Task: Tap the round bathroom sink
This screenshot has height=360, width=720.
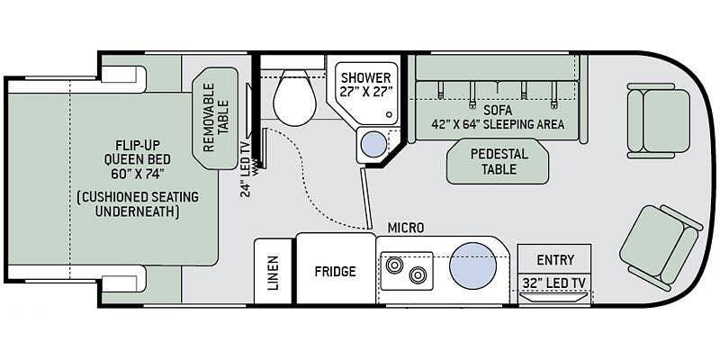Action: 373,144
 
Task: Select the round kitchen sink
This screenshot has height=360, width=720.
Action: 472,265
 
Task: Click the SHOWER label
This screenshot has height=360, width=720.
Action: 365,77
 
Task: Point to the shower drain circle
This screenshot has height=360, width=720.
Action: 390,114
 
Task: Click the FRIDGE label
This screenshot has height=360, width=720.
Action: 335,272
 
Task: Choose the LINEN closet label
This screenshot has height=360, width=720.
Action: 274,273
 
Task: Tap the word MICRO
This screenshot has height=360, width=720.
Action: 406,228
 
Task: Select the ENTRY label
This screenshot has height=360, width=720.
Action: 555,260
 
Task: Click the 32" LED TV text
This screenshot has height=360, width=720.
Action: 554,283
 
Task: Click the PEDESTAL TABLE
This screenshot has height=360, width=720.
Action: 499,161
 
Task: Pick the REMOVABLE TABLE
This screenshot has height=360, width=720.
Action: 215,118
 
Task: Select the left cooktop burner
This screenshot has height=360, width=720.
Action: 394,265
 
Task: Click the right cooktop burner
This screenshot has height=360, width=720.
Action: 418,275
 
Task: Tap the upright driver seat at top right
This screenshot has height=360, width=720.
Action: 658,121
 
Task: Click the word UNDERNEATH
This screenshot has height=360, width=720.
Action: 138,212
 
